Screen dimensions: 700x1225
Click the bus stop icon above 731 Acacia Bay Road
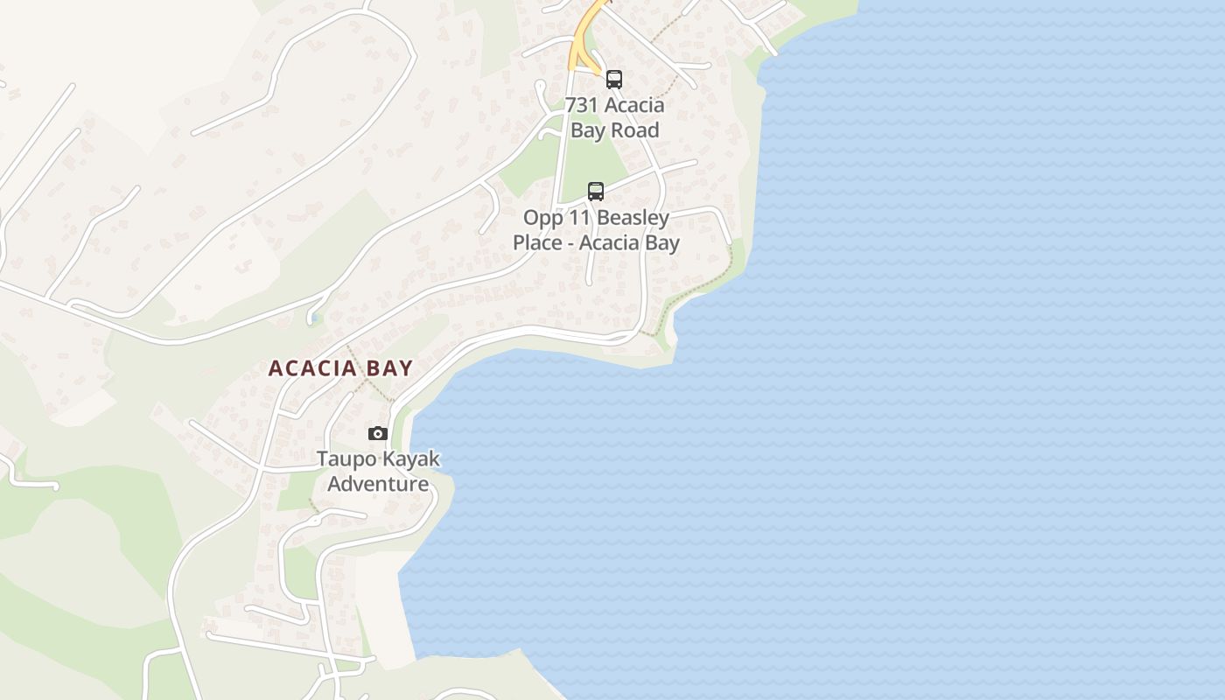tap(614, 80)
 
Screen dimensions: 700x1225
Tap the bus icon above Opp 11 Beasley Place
tap(596, 191)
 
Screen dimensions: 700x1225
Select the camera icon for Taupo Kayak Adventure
tap(378, 433)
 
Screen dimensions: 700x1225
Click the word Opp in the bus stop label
tap(540, 218)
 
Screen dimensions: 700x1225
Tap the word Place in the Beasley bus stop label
tap(536, 242)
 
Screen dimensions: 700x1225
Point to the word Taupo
tap(343, 459)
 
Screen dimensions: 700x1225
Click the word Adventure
tap(378, 484)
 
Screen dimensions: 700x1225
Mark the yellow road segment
tap(582, 39)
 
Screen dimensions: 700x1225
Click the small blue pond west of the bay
tap(312, 317)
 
